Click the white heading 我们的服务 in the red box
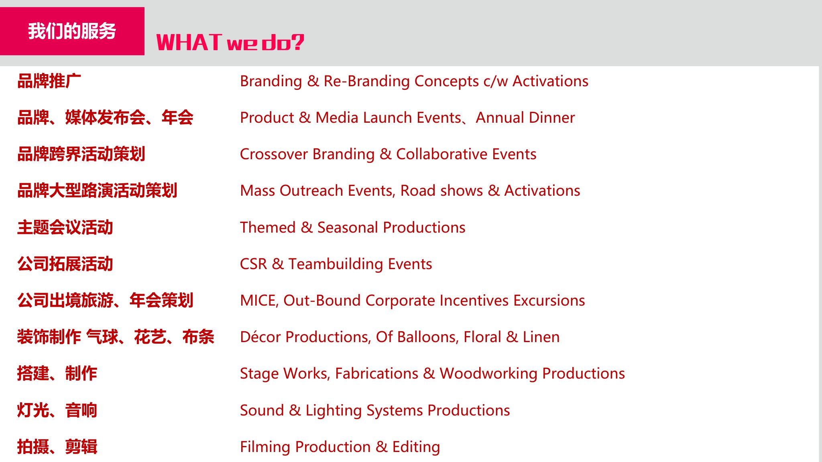72,31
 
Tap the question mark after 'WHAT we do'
297,42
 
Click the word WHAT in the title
189,42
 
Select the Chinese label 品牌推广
49,81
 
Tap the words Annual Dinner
525,118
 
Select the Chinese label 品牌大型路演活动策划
97,190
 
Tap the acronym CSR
253,264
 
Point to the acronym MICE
259,301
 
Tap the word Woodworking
488,374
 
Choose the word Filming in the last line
265,447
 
